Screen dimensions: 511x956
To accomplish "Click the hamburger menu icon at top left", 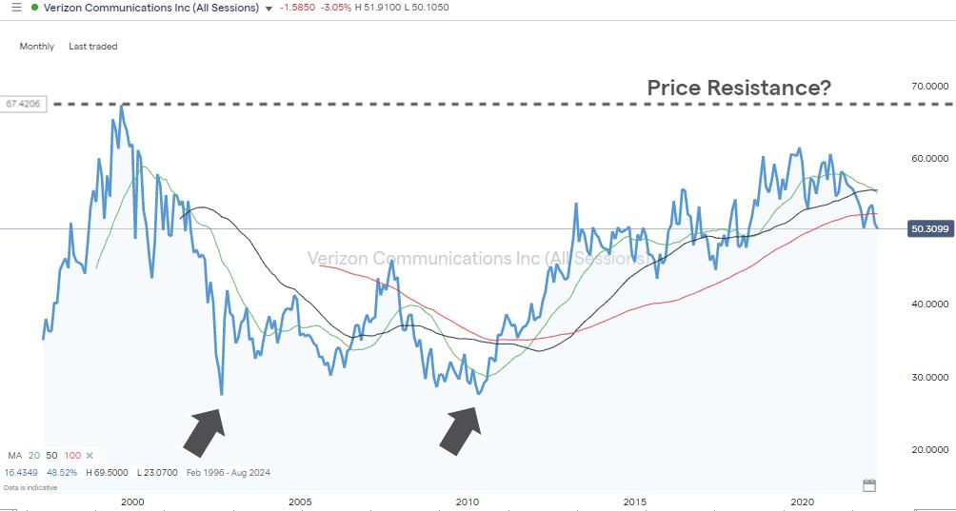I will (x=15, y=8).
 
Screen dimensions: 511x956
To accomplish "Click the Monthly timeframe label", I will (x=37, y=47).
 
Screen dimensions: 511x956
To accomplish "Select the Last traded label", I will (x=93, y=47).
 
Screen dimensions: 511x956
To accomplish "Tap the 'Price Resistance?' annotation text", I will (x=739, y=88).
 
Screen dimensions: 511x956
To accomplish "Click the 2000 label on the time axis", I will (x=132, y=501).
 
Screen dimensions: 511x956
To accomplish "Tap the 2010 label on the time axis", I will (x=467, y=501).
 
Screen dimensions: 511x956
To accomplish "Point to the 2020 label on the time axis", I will (x=802, y=501).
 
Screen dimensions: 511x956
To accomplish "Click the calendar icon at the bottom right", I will (x=868, y=485).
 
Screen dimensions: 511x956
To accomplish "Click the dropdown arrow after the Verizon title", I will (x=269, y=9).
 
